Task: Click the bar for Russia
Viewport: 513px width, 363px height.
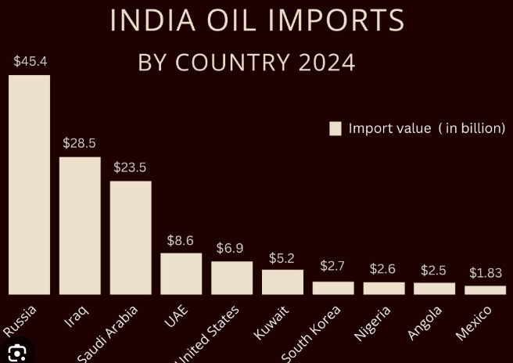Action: [29, 185]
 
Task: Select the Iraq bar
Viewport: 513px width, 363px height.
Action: [80, 225]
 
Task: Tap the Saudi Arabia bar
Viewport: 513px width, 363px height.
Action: [131, 238]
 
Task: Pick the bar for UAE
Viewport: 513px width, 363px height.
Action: [181, 274]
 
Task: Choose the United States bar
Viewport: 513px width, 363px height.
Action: [231, 278]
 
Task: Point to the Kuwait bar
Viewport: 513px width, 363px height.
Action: [282, 282]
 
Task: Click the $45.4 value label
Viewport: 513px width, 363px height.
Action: [30, 61]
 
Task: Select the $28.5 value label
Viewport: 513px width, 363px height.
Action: [80, 143]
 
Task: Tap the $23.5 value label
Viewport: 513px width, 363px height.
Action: [130, 167]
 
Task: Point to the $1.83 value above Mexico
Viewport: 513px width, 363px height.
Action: [486, 273]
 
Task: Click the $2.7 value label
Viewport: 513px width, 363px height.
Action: [332, 267]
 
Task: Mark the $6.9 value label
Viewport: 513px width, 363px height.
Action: [230, 248]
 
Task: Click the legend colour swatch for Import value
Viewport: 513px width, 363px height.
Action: [335, 128]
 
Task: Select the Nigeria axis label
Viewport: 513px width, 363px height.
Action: [373, 322]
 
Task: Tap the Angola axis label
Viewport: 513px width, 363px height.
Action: [425, 322]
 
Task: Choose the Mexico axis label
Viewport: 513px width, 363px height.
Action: [474, 322]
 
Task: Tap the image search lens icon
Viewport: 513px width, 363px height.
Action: [16, 353]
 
